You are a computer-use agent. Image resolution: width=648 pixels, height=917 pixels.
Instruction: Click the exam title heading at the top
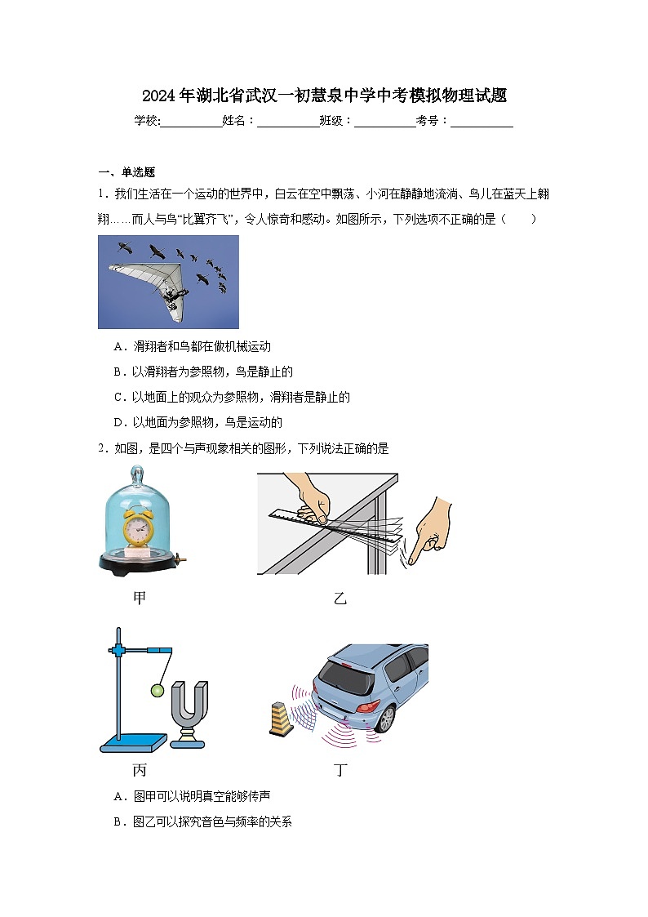pos(324,96)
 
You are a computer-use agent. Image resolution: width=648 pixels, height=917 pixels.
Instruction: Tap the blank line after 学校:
pos(192,122)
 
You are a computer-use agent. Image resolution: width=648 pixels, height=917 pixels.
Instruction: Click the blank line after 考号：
pos(482,122)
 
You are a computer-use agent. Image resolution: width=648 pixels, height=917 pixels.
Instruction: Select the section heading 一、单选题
pos(126,172)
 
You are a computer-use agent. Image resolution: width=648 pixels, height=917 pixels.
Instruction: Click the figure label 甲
pos(140,599)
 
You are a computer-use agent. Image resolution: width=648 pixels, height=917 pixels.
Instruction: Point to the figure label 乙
pos(340,599)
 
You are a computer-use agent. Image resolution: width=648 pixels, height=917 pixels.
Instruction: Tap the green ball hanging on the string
pos(156,692)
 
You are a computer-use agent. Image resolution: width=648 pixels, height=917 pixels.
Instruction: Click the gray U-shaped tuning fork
pos(189,708)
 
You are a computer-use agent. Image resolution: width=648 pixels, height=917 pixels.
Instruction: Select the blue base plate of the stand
pos(132,742)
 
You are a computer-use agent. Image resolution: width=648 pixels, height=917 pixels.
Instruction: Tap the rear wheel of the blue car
pos(384,719)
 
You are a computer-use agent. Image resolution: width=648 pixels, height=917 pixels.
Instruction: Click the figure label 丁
pos(340,770)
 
